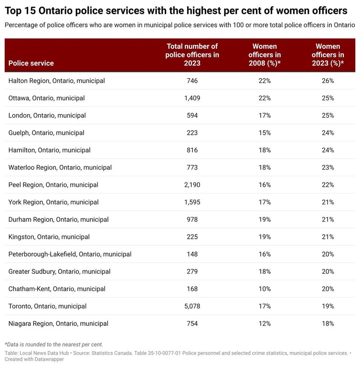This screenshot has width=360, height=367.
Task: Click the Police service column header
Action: point(31,63)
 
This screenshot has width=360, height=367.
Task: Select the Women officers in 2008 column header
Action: point(264,54)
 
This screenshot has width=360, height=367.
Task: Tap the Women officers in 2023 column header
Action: point(328,54)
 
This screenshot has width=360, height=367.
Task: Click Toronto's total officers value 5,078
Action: point(192,306)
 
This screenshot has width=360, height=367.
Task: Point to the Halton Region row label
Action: point(56,81)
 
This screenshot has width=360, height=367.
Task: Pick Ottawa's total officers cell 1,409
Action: point(192,98)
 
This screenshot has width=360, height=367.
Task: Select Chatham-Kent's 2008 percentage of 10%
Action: point(264,289)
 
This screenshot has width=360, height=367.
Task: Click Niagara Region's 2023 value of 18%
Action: point(328,324)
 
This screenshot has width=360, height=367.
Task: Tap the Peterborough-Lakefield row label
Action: point(70,254)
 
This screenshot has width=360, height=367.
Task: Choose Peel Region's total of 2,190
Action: point(192,185)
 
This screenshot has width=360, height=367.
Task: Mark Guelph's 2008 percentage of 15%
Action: point(264,133)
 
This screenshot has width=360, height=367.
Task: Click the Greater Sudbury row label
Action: point(59,271)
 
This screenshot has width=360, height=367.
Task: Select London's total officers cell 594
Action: point(192,116)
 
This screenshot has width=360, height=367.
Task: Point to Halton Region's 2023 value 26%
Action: point(328,81)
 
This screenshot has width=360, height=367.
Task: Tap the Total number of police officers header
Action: point(192,54)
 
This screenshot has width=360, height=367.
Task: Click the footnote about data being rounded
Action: point(54,344)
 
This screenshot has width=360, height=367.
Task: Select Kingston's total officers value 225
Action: point(192,237)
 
